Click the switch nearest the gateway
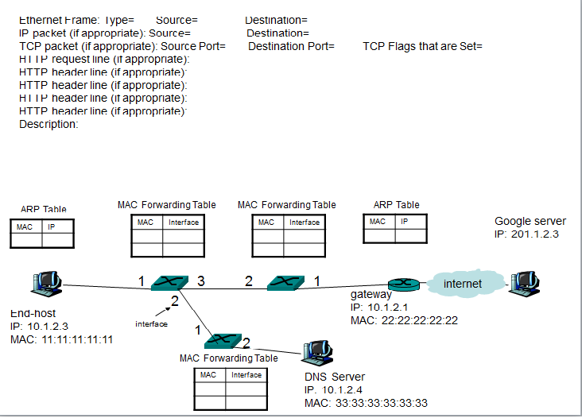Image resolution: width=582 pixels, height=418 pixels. coord(282,282)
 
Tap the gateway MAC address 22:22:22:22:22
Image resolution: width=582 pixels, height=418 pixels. coord(404,320)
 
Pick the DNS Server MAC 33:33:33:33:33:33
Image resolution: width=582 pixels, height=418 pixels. coord(366,403)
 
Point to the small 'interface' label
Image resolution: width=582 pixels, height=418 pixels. coord(152,323)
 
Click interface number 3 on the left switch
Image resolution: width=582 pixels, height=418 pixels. coord(201,281)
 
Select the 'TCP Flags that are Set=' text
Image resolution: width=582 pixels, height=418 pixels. coord(422,46)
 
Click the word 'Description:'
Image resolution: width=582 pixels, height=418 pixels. coord(48,123)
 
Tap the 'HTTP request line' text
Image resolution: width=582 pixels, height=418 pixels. coord(103,59)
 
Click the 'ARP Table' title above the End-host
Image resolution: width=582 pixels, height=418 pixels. coord(44,209)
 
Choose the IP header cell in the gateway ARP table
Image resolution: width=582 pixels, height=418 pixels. coord(405,222)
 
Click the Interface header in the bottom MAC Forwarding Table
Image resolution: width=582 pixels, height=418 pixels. coord(246,374)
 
